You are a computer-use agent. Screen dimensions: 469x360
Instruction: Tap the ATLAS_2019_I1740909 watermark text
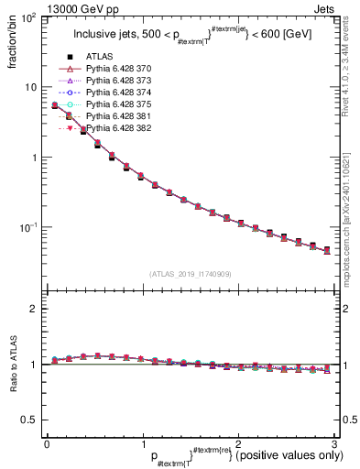(190, 273)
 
